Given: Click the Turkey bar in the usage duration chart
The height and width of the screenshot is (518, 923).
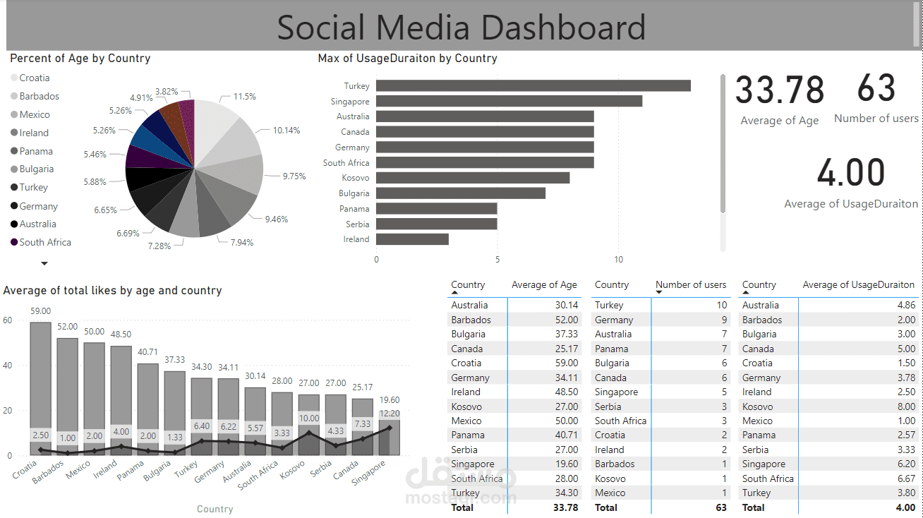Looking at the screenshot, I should click(x=533, y=85).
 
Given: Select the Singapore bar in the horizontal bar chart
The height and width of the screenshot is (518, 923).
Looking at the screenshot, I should click(x=509, y=101).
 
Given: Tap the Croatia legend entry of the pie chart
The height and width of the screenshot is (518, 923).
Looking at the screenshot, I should click(x=34, y=78).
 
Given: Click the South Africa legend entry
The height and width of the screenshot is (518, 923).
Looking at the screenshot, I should click(x=45, y=242).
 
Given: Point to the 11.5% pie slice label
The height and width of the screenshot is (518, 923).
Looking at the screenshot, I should click(x=245, y=96).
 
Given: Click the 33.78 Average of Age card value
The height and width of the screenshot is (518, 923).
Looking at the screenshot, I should click(x=780, y=90).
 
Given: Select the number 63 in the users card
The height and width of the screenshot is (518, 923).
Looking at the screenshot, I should click(x=876, y=88).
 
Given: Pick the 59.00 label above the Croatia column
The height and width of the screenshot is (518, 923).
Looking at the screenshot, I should click(x=40, y=311).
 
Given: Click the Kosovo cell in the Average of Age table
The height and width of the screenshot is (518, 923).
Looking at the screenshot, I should click(x=467, y=406).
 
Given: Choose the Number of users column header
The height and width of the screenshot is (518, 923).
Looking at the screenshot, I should click(x=690, y=285).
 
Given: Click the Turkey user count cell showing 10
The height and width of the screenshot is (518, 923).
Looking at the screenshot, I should click(x=721, y=305).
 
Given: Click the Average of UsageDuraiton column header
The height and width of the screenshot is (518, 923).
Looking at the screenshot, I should click(x=858, y=285).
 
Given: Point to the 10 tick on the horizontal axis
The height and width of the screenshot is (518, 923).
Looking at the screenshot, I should click(x=619, y=260).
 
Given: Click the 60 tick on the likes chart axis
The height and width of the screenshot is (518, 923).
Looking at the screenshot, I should click(x=8, y=320).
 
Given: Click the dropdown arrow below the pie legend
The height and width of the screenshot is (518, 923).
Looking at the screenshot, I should click(x=44, y=263).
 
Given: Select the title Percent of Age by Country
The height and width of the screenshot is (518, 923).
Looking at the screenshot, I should click(x=80, y=59).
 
